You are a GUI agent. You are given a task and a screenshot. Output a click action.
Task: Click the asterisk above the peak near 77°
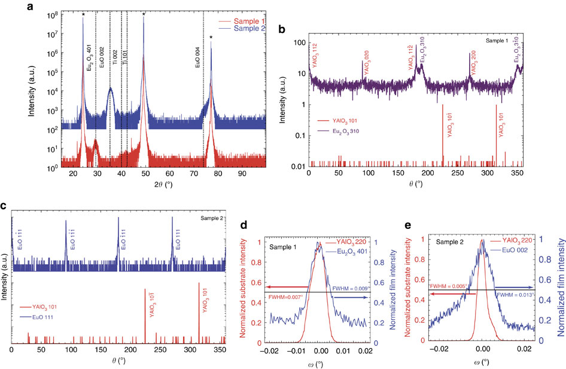(211, 37)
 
